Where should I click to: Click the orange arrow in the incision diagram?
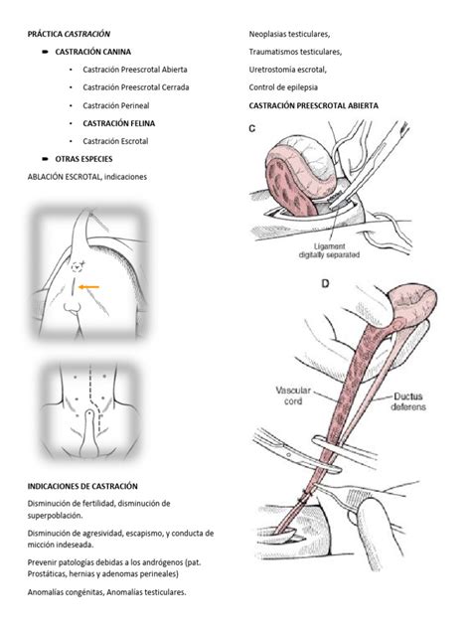click(88, 287)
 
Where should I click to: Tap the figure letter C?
click(252, 128)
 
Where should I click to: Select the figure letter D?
click(325, 283)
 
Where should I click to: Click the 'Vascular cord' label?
click(293, 395)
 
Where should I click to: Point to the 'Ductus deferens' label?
click(408, 401)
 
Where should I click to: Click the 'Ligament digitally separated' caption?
click(329, 250)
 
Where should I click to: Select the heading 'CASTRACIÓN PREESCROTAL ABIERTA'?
click(314, 105)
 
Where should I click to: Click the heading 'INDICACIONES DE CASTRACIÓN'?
click(82, 486)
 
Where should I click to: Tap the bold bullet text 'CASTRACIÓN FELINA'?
click(119, 123)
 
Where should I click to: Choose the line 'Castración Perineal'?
click(116, 105)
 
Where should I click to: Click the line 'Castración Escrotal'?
click(115, 141)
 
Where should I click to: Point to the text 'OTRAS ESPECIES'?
click(83, 159)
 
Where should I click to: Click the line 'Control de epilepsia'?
click(283, 87)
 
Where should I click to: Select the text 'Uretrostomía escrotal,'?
click(287, 70)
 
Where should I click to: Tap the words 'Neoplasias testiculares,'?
click(289, 34)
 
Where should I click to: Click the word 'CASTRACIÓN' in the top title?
click(87, 34)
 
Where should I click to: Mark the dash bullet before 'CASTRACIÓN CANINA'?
click(46, 52)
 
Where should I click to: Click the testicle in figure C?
click(301, 172)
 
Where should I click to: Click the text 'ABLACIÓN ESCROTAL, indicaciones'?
click(87, 177)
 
